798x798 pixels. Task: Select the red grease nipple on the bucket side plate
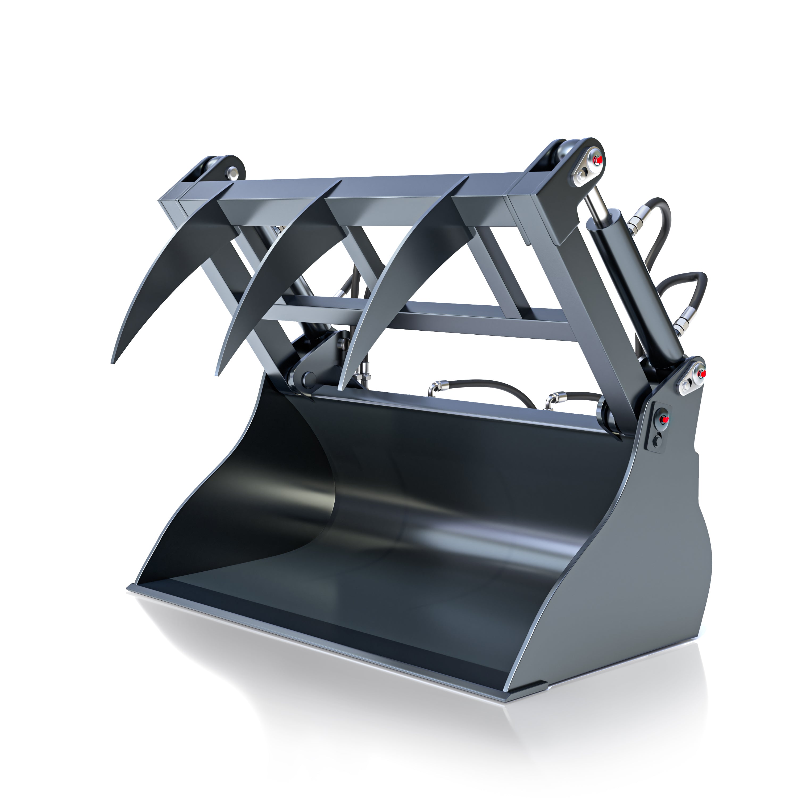point(664,420)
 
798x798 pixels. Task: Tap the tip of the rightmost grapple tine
point(339,389)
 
